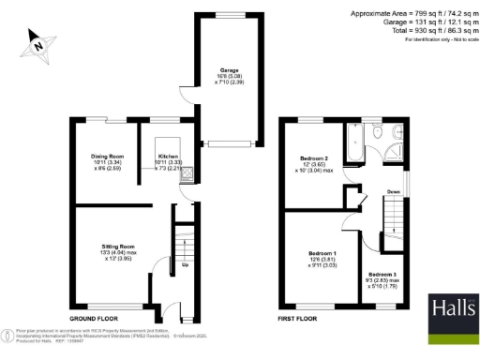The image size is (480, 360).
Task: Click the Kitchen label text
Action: click(x=168, y=156)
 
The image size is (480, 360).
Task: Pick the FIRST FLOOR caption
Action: click(x=301, y=320)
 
